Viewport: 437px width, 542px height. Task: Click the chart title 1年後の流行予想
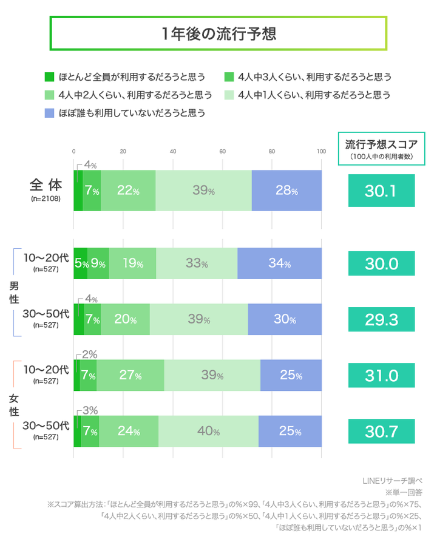coord(218,33)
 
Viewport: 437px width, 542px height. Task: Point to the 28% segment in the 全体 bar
coord(286,191)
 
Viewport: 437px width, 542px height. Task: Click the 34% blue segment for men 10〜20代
coord(279,264)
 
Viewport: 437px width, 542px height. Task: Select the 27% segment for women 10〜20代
coord(130,376)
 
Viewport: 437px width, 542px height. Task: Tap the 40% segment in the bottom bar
coord(208,432)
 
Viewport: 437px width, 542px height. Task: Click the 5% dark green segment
coord(80,264)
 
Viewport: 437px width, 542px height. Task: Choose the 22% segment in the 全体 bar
coord(128,191)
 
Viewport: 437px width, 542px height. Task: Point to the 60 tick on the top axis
coord(222,152)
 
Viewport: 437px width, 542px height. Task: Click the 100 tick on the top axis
coord(321,152)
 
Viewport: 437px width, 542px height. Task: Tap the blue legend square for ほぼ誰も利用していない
coord(49,113)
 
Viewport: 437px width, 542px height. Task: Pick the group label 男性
coord(13,292)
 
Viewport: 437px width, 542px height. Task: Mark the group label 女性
coord(13,404)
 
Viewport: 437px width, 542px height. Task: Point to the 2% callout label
coord(89,354)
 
